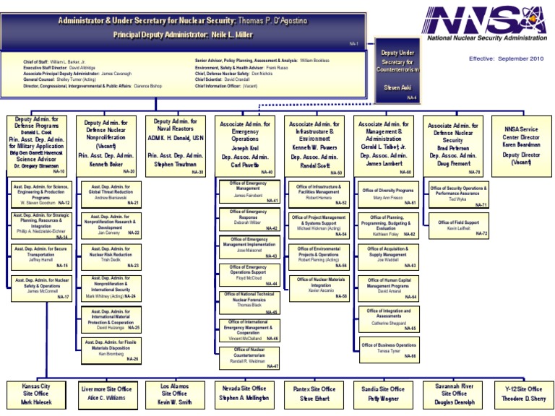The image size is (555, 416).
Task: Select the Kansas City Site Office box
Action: [x=35, y=394]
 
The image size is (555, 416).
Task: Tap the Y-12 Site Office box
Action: [x=524, y=394]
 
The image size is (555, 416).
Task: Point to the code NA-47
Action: [x=272, y=366]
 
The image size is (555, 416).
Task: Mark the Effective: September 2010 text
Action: [x=505, y=58]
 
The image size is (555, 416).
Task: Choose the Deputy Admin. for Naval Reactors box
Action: [x=175, y=144]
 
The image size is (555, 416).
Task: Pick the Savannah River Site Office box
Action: [x=455, y=394]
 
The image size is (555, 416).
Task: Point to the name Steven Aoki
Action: [x=397, y=88]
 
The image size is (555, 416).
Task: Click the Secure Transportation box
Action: [x=40, y=257]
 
